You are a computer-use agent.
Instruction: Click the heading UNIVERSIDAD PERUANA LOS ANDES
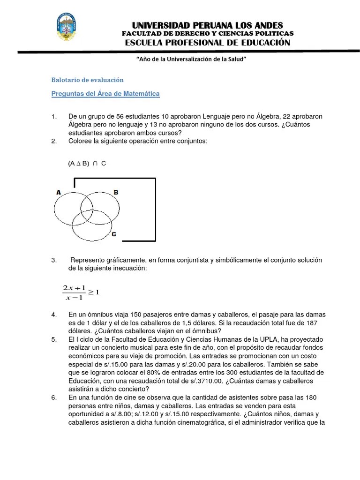208,25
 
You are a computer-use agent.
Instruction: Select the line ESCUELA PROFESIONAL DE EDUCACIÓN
208,43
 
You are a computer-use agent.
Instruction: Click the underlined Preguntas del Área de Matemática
105,94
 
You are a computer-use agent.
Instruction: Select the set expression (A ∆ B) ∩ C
87,164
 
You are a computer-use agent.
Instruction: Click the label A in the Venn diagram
59,192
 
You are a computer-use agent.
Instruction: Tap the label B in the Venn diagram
116,192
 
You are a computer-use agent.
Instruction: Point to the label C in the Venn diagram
113,234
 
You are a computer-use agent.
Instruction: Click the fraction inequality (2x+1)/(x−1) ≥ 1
80,292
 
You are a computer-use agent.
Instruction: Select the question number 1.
53,116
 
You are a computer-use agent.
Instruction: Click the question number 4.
53,315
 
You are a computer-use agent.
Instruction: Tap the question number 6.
53,397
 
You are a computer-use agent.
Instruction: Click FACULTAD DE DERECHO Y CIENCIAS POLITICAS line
208,34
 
